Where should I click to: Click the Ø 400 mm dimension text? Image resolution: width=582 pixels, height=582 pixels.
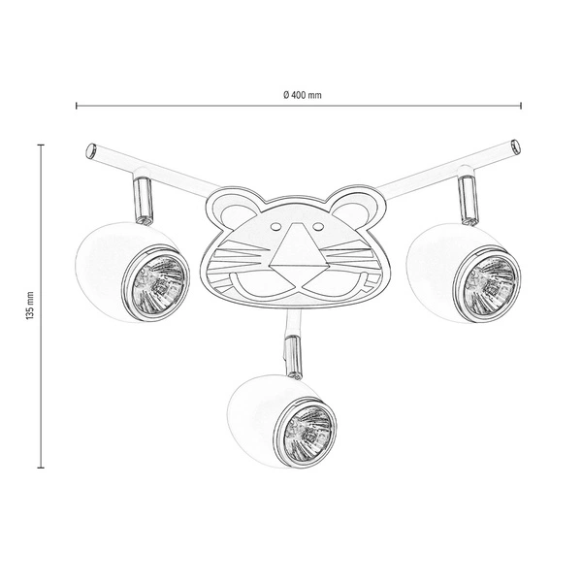tap(302, 94)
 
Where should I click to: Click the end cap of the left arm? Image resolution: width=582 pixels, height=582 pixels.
tap(89, 150)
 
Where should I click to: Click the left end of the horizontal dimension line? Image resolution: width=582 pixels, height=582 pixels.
tap(77, 106)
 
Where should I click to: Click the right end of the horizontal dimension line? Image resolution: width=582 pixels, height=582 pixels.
tap(522, 106)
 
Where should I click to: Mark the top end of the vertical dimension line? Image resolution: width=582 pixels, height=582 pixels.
tap(41, 144)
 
